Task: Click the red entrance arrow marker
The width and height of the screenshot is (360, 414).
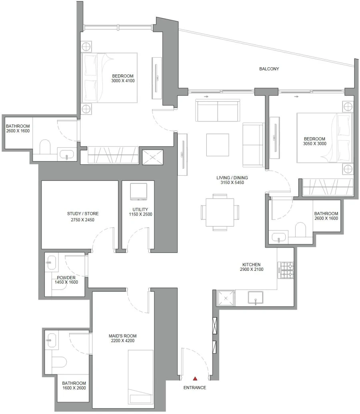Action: click(195, 378)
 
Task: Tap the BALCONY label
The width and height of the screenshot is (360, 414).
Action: click(269, 69)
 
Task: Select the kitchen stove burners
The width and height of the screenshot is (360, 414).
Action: click(286, 270)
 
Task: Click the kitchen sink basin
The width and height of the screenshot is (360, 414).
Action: click(255, 298)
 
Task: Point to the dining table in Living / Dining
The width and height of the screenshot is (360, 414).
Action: click(220, 212)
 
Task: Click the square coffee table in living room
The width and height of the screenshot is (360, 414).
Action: click(218, 145)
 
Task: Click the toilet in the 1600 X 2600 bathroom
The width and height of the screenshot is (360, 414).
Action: click(59, 362)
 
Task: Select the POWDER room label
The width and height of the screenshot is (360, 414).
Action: click(66, 277)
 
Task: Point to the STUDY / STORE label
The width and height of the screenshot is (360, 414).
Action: click(83, 214)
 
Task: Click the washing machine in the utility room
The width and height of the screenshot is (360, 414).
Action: click(138, 192)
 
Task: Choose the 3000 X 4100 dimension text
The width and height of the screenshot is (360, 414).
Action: click(123, 81)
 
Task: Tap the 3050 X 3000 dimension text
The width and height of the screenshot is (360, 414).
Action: click(315, 144)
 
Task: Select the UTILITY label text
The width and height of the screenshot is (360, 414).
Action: click(140, 209)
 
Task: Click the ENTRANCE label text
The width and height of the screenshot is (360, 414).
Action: click(195, 388)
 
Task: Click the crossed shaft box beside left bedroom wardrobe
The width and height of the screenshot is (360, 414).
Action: click(153, 157)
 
